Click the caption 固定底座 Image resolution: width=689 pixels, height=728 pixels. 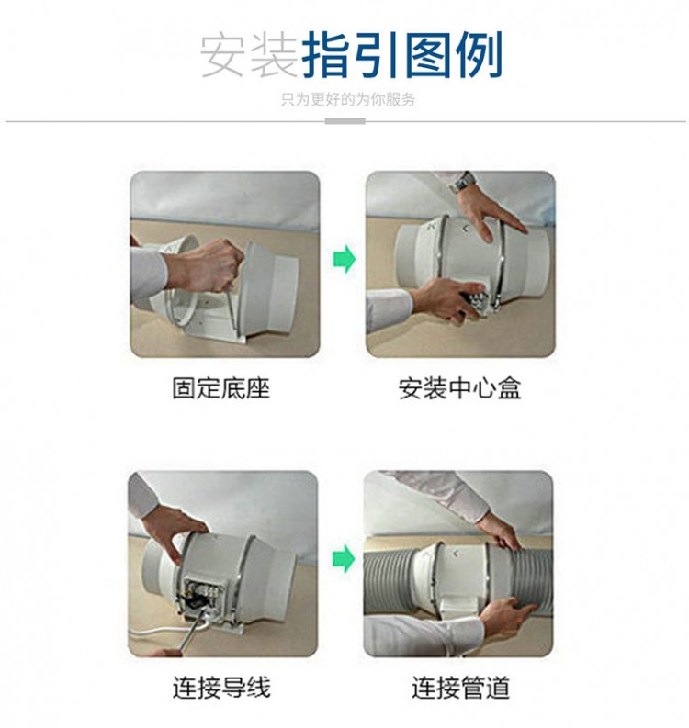221,388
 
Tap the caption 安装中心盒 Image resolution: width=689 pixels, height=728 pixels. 460,388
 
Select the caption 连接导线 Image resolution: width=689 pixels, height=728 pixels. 221,688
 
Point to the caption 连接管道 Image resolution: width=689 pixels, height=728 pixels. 460,688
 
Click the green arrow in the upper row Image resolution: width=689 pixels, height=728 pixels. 344,259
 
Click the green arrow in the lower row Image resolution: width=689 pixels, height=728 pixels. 344,558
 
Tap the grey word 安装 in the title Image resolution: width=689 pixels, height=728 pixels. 249,55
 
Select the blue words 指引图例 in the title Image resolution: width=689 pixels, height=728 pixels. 402,55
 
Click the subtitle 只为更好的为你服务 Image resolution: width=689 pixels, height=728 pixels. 348,99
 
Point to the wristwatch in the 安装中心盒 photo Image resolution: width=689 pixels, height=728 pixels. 462,182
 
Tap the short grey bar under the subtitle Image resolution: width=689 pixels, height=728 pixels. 344,122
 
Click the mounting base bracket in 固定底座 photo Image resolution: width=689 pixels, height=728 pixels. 216,325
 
